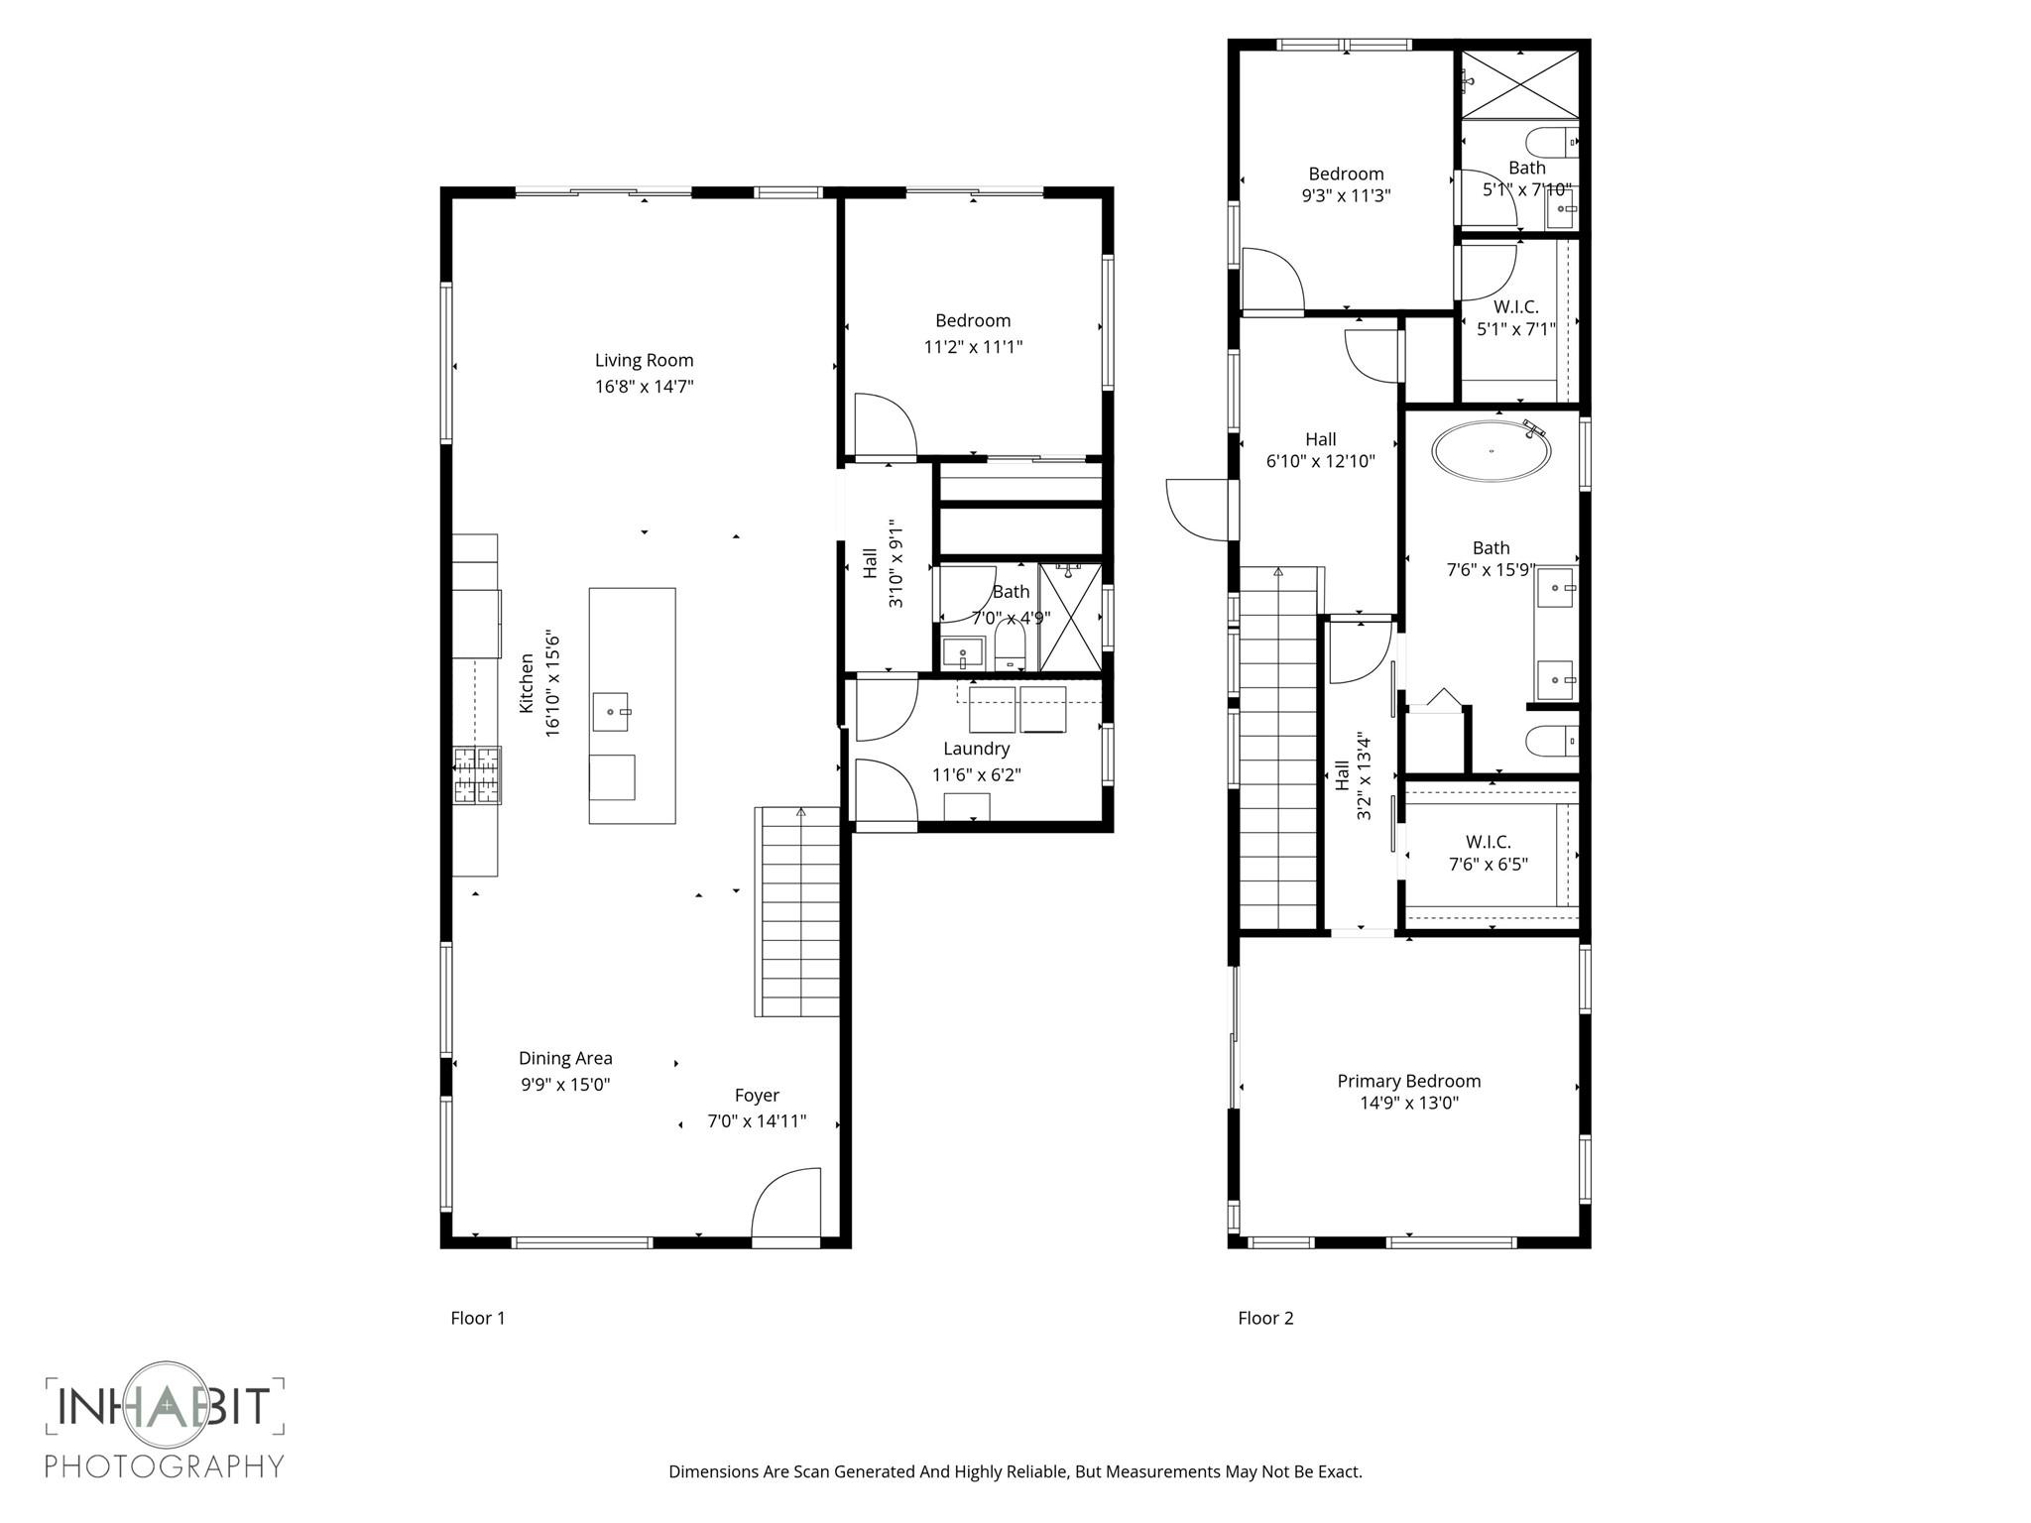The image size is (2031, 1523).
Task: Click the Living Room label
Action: (x=644, y=360)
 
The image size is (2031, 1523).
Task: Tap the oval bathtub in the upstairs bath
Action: (x=1491, y=452)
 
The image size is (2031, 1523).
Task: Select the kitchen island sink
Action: (x=610, y=712)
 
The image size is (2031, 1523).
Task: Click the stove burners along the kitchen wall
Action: (x=477, y=775)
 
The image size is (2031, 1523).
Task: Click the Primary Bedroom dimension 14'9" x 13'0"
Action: (x=1408, y=1104)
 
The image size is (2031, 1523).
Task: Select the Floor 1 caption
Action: (x=478, y=1318)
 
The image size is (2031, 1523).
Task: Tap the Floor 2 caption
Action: (x=1265, y=1318)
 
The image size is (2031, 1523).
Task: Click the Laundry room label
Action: (x=976, y=749)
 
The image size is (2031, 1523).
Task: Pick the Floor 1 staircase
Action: (x=797, y=912)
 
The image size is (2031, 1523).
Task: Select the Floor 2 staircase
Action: (x=1278, y=749)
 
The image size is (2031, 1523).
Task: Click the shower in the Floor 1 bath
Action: (x=1070, y=617)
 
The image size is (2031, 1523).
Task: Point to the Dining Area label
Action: (x=565, y=1058)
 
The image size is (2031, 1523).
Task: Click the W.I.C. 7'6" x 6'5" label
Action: (x=1488, y=853)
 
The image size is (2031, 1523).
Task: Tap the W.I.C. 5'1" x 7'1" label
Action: (x=1515, y=318)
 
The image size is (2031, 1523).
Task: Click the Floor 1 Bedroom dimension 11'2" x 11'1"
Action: (x=973, y=347)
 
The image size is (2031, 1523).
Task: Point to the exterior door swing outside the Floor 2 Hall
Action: (x=1197, y=510)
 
